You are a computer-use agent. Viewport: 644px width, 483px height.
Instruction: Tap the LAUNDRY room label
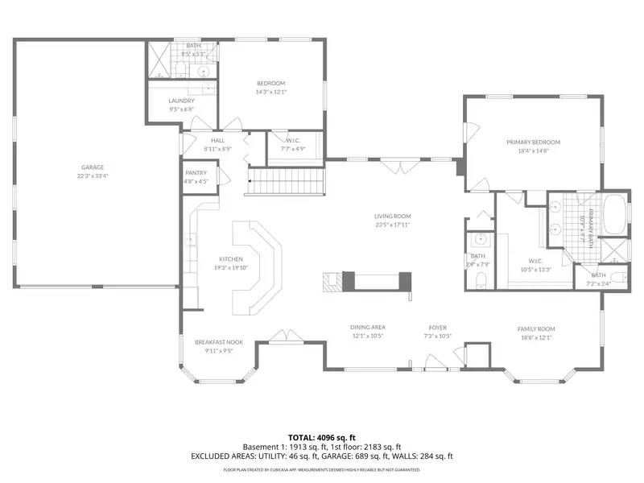(181, 101)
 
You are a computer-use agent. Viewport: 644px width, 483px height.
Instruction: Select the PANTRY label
(196, 173)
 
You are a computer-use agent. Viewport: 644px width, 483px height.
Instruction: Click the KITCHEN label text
(231, 259)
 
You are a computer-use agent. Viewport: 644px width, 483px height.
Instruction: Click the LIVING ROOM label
(392, 216)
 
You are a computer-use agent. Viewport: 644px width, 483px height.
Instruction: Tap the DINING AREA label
(367, 328)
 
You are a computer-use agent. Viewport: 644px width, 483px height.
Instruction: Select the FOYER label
(437, 328)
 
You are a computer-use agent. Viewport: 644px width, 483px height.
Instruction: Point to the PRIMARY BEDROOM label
(533, 142)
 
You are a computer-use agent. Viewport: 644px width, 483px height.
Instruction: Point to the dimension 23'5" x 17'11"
(392, 225)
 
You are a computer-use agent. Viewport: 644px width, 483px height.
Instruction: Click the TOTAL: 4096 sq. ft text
(322, 438)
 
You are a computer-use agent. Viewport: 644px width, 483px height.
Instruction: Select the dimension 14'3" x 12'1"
(270, 92)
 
